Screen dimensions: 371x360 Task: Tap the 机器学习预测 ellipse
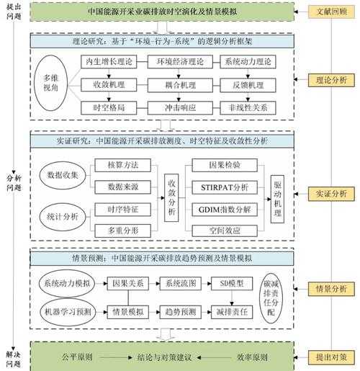(66, 311)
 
